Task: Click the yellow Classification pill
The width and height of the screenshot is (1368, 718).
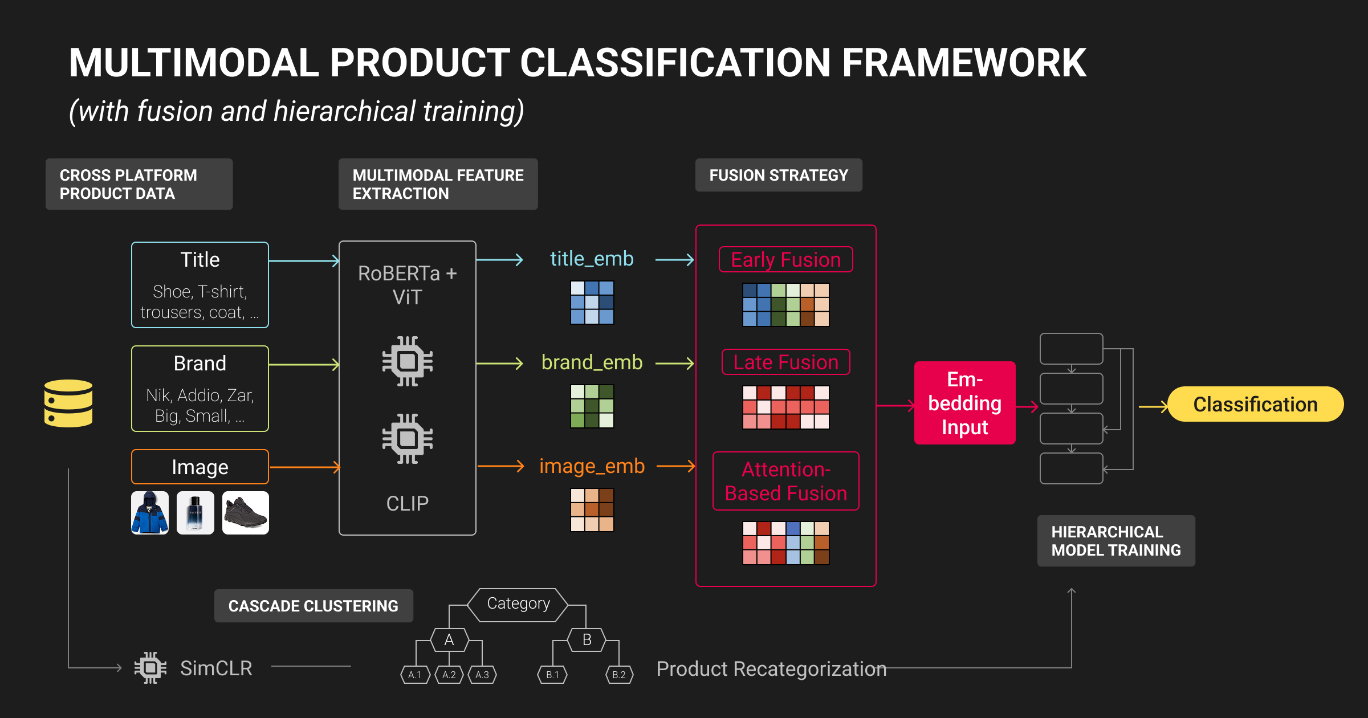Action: click(1255, 404)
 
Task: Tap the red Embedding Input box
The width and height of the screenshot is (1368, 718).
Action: click(964, 403)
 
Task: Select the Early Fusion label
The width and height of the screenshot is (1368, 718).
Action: click(785, 259)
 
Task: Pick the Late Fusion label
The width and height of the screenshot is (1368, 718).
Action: click(785, 362)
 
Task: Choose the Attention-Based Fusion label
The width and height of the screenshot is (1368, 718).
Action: click(785, 481)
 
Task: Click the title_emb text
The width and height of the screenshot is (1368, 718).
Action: click(592, 259)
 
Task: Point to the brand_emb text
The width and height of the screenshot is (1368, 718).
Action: click(592, 362)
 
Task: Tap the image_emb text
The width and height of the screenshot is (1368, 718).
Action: click(592, 466)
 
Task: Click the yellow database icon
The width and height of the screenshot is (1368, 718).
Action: click(68, 403)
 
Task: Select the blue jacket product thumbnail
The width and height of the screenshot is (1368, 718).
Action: click(150, 513)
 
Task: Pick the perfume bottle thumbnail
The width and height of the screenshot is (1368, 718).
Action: click(196, 513)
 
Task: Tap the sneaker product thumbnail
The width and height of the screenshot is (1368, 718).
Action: click(246, 513)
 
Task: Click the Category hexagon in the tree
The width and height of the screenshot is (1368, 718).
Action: click(518, 604)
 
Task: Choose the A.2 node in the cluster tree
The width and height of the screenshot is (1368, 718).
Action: click(449, 675)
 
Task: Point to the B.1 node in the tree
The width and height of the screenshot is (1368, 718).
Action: click(552, 675)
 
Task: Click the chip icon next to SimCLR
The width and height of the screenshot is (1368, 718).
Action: click(150, 668)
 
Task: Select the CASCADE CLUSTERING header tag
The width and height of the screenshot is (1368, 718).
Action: click(313, 606)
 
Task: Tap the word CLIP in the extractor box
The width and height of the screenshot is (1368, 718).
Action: click(407, 504)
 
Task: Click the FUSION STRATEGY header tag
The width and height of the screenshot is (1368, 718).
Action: click(779, 175)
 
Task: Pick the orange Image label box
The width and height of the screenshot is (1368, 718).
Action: click(200, 467)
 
